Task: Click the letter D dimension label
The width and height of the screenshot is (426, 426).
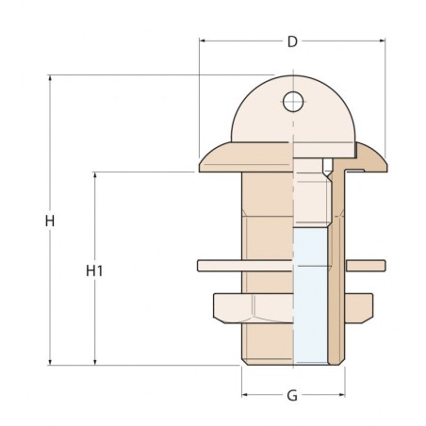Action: [292, 41]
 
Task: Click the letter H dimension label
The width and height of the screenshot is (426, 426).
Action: [49, 221]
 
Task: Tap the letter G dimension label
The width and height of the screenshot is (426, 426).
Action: [292, 396]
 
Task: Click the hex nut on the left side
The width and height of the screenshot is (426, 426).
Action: [228, 307]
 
